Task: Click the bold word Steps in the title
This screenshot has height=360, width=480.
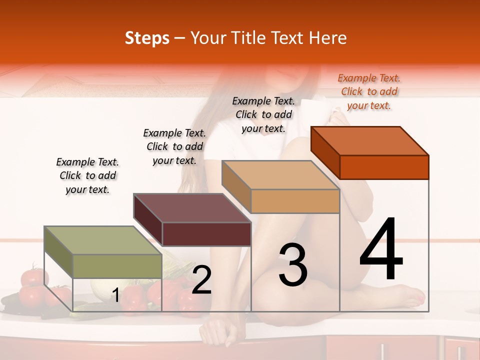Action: click(x=147, y=38)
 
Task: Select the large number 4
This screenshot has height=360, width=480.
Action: click(x=381, y=250)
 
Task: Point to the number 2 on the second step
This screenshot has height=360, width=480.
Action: click(x=201, y=280)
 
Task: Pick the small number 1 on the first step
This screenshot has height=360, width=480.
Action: click(x=115, y=295)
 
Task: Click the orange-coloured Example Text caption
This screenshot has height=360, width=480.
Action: click(x=369, y=91)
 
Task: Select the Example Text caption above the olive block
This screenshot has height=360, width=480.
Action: click(x=87, y=175)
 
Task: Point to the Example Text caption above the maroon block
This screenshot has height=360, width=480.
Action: click(x=174, y=146)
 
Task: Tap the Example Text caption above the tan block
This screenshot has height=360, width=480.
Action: click(x=263, y=114)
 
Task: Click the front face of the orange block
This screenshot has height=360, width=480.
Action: click(x=384, y=167)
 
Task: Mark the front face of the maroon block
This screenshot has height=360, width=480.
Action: click(x=206, y=234)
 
